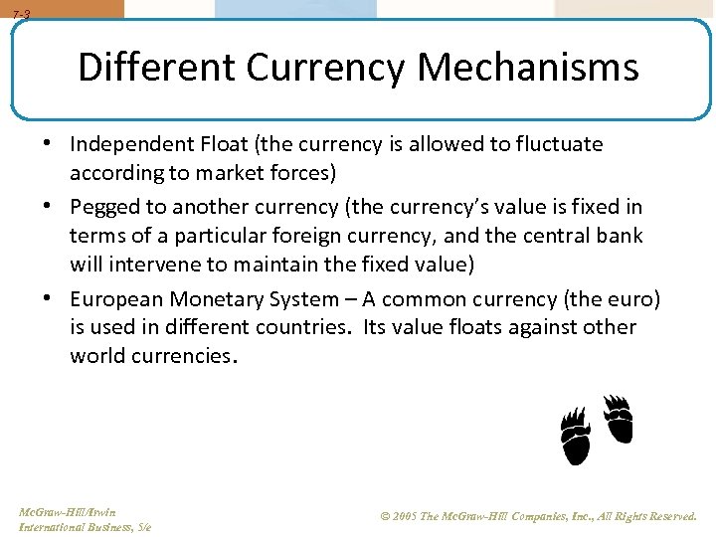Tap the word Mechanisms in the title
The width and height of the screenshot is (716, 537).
[x=528, y=68]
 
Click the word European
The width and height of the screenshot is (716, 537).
[x=116, y=299]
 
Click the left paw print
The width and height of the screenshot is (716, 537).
[x=575, y=437]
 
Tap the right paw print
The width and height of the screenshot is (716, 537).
[x=618, y=419]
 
